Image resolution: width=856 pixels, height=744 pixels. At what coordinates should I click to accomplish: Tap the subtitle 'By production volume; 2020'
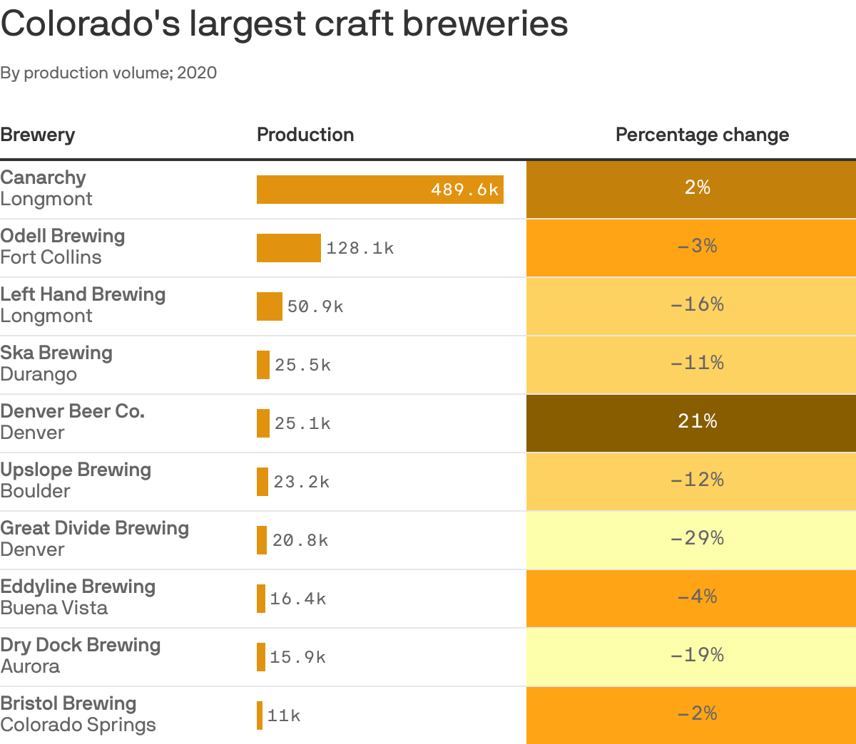coord(108,73)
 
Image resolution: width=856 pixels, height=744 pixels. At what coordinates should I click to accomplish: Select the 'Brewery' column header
coord(37,135)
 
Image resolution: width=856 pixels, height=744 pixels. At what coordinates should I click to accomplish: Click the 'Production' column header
coord(305,135)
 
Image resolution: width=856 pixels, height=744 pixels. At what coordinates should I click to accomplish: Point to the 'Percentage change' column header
coord(702,135)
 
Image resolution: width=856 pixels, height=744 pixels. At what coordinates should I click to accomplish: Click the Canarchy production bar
coord(342,190)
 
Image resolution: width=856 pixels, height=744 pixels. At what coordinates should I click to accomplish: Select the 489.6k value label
coord(464,190)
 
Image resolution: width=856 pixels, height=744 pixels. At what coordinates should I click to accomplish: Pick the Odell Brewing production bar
coord(288,248)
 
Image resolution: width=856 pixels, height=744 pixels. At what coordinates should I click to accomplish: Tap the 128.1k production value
coord(360,248)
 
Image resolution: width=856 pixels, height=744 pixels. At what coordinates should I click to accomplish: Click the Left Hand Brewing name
coord(83,294)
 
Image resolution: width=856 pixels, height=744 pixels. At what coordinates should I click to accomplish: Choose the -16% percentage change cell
coord(697,305)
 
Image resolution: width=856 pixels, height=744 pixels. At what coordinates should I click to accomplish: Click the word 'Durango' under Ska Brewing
coord(39,374)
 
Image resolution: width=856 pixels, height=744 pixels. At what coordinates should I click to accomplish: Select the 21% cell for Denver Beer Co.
coord(697,422)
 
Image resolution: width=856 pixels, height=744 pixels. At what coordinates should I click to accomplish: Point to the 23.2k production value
coord(301,482)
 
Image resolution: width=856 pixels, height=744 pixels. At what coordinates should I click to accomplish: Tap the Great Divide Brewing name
coord(94,528)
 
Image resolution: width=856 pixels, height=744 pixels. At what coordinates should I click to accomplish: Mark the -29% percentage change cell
coord(697,539)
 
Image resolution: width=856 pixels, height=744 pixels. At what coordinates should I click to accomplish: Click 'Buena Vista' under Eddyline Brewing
coord(54,608)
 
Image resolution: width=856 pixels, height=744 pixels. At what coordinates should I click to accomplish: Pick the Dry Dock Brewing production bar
coord(261,657)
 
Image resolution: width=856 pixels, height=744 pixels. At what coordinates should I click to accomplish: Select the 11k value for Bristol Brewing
coord(284,715)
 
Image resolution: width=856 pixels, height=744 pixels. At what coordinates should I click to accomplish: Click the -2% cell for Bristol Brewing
coord(697,714)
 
